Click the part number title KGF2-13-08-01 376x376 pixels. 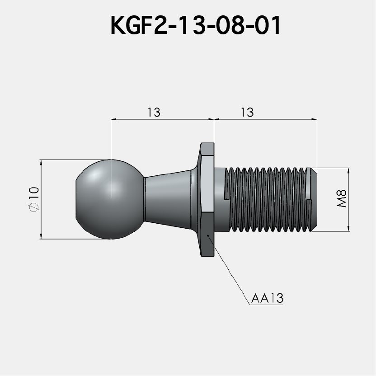pos(195,26)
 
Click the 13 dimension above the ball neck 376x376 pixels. pos(154,112)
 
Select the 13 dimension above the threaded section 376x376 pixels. pos(248,112)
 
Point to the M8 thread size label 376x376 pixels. pos(342,199)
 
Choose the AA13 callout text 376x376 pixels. pos(267,299)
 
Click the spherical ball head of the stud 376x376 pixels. pos(108,199)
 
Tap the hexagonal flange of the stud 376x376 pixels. pos(207,199)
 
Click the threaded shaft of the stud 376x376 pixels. pos(267,199)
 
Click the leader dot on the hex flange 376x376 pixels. pos(207,235)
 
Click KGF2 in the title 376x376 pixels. pos(134,26)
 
